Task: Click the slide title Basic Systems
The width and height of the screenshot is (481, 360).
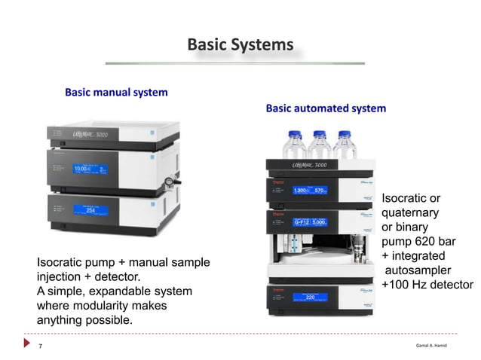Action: click(240, 45)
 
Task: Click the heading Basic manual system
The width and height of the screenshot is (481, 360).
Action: click(116, 93)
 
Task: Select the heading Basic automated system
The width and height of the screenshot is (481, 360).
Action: click(326, 108)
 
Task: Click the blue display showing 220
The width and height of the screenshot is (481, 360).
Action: click(310, 297)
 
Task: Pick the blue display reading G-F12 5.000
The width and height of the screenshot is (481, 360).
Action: click(310, 222)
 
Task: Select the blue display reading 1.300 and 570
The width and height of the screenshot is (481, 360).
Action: click(310, 191)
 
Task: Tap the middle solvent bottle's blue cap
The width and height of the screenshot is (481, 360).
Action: click(319, 134)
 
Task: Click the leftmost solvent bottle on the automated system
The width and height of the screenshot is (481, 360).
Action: click(293, 146)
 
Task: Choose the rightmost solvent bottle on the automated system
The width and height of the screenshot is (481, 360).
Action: click(345, 146)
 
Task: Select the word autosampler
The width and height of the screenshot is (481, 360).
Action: click(418, 270)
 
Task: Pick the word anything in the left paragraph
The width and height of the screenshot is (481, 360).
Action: click(60, 320)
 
